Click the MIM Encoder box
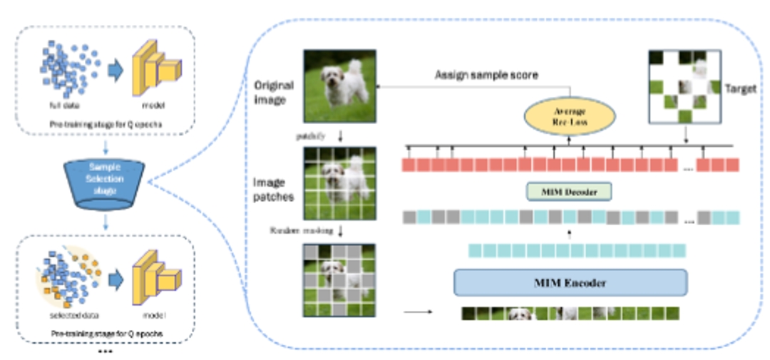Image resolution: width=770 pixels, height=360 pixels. [570, 283]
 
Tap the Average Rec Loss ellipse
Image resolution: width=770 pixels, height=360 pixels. [569, 115]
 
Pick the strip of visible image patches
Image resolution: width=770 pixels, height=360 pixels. [570, 313]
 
